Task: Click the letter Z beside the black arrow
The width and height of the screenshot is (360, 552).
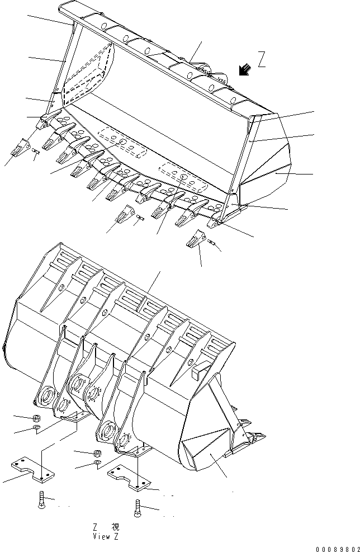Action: click(x=262, y=59)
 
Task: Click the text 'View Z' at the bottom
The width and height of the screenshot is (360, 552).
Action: click(x=106, y=535)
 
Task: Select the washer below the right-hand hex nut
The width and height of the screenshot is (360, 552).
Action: click(x=97, y=464)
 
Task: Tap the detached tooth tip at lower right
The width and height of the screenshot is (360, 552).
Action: click(x=194, y=241)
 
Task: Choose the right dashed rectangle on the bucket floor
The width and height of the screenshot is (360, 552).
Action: click(x=180, y=172)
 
